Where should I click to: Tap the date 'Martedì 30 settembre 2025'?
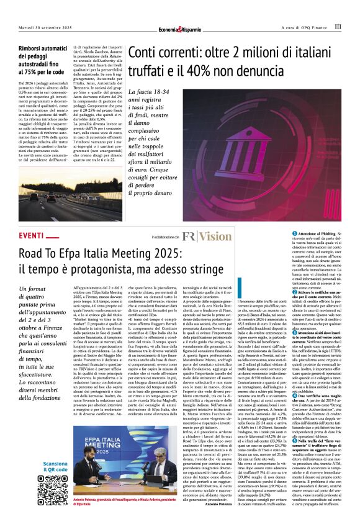coord(44,27)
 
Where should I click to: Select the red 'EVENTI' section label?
coord(32,236)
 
